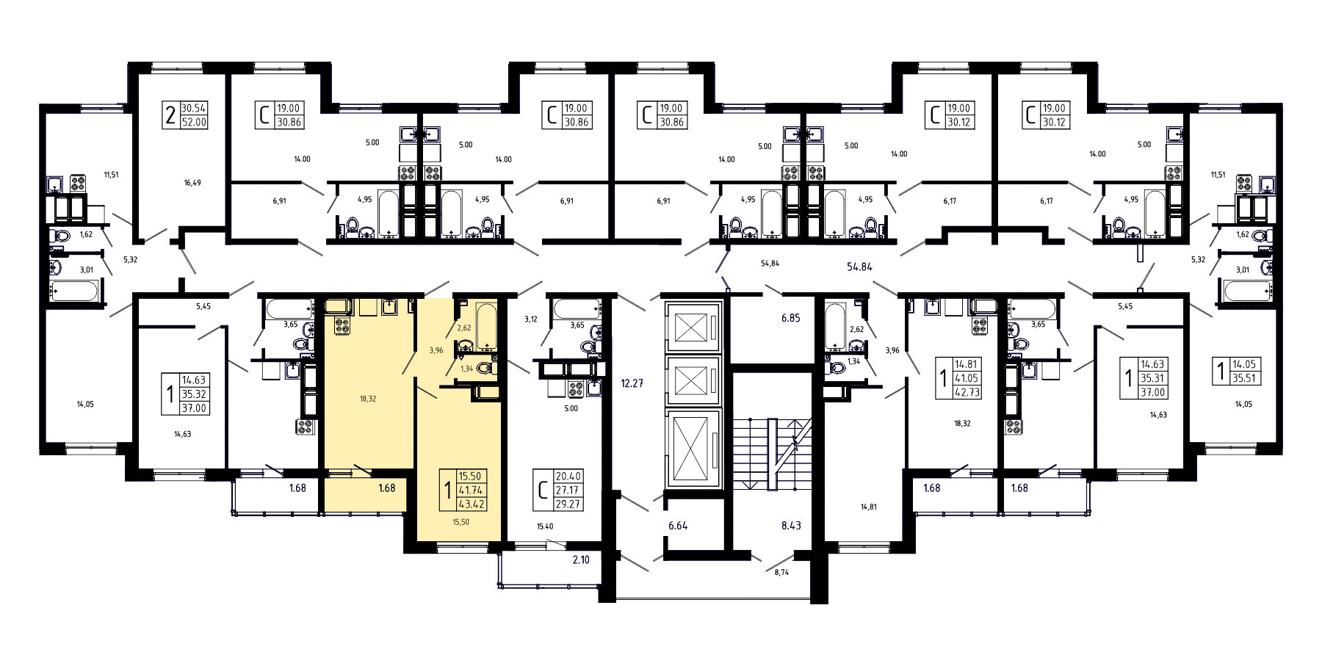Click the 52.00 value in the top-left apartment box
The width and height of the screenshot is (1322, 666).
click(x=194, y=123)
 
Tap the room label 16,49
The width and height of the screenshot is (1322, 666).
click(x=192, y=183)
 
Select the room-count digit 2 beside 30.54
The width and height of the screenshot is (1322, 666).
click(x=170, y=115)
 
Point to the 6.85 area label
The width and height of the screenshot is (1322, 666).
click(x=790, y=318)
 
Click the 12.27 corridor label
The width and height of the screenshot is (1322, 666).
click(x=632, y=383)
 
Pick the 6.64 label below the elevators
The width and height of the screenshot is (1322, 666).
click(x=678, y=526)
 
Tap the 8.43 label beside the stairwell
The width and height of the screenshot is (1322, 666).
click(x=791, y=526)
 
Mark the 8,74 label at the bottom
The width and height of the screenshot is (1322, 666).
click(x=781, y=572)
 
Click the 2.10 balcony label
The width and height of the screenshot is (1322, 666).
click(x=580, y=560)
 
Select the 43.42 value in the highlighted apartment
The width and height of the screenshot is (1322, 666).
click(x=470, y=504)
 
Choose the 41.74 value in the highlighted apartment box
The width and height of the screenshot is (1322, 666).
click(x=470, y=490)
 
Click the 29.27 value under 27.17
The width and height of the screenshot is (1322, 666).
click(x=568, y=504)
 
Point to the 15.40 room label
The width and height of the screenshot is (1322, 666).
click(x=545, y=526)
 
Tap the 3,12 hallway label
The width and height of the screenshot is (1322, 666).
click(x=531, y=319)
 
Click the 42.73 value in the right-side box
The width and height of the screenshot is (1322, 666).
click(x=967, y=392)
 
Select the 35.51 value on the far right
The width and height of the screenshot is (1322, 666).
click(x=1244, y=379)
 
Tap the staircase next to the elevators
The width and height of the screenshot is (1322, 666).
click(x=771, y=454)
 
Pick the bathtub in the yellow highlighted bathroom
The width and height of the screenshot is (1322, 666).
click(x=487, y=326)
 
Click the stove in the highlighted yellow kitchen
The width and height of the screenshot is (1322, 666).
click(x=342, y=327)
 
